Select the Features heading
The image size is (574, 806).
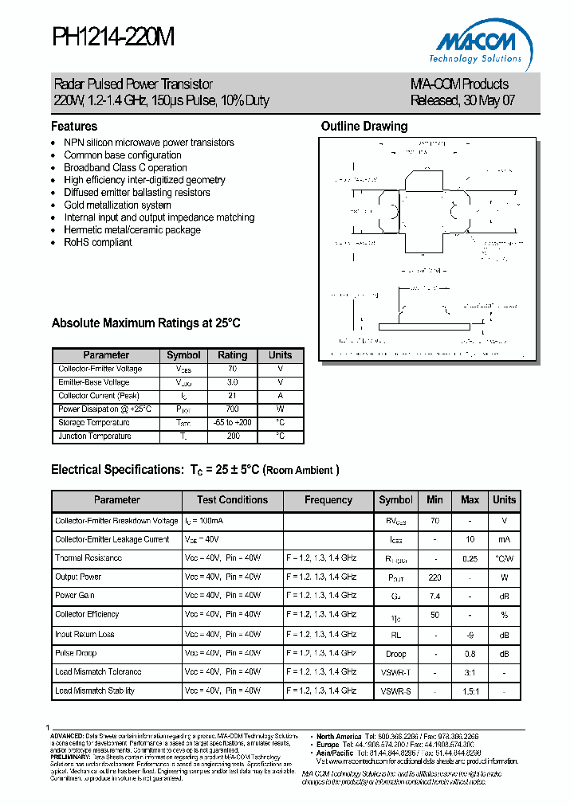pos(74,126)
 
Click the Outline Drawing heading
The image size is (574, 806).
pos(364,126)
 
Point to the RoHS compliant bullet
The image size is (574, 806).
pos(97,242)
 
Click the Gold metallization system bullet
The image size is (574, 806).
pos(117,205)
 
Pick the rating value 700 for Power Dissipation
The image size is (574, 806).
pos(233,409)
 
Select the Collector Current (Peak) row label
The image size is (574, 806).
pos(100,396)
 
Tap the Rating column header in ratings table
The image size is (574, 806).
pos(233,355)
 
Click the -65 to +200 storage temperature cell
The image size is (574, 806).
pos(233,423)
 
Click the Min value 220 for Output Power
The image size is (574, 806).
pos(434,577)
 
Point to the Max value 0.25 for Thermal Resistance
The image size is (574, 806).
pos(470,558)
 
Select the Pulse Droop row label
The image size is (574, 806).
pos(76,653)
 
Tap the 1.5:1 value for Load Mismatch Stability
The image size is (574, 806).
pos(470,691)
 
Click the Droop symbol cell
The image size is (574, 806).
pos(396,653)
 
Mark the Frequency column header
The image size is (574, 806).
pos(328,500)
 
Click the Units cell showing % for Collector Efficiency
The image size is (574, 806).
pos(504,615)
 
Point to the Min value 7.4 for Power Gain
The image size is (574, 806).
pos(434,596)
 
